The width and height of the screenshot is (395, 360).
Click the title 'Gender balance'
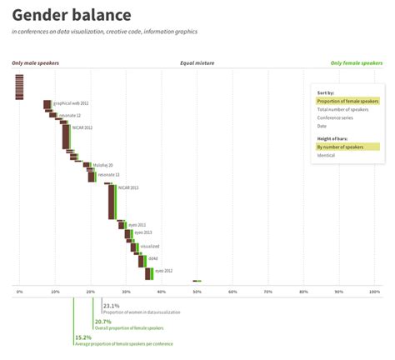point(72,15)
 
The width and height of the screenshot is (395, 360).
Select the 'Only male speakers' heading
point(35,62)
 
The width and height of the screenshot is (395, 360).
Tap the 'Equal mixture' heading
point(197,62)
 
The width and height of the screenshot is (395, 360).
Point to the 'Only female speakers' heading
point(357,62)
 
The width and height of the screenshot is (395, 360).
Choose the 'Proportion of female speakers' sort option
point(347,101)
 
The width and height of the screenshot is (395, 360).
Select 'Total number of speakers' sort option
point(342,109)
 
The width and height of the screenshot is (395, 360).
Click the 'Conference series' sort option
point(336,117)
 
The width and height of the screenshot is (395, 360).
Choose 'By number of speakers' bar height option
point(340,147)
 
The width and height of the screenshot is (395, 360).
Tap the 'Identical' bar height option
point(326,155)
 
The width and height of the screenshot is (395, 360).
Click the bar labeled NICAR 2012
point(66,136)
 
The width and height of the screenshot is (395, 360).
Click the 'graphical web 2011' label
point(71,103)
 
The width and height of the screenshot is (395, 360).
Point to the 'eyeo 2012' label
point(162,271)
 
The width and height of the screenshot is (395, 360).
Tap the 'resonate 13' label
point(108,174)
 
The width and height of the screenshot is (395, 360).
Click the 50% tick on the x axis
point(197,292)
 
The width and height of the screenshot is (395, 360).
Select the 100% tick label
point(375,292)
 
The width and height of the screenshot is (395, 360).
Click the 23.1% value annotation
point(111,306)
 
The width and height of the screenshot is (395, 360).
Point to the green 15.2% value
point(82,337)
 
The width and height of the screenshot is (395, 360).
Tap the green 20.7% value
point(102,322)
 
